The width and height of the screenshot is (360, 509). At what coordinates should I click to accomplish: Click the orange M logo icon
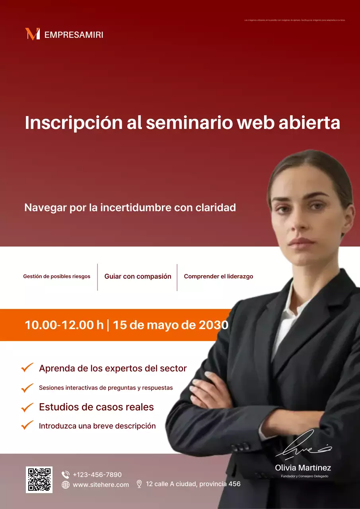coord(32,34)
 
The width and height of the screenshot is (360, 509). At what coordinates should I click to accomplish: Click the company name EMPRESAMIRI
coord(74,35)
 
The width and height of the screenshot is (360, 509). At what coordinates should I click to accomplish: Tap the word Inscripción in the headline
coord(74,123)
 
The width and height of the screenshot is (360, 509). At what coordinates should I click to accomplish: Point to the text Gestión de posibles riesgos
coord(56,276)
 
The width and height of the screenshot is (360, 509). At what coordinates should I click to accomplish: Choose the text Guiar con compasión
coord(138,276)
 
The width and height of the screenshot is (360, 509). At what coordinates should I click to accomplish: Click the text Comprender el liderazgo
coord(218,276)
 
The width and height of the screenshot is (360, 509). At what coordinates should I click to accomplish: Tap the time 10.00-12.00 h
coord(64,325)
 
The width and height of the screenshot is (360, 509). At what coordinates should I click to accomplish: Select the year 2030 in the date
coord(213,325)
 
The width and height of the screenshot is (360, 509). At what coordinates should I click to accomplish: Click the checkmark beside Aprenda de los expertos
coord(27,368)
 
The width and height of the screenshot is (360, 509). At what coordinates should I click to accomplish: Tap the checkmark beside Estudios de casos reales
coord(27,407)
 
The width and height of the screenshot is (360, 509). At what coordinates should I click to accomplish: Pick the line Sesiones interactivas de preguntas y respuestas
coord(106,388)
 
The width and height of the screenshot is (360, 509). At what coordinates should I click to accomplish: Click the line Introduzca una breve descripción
coord(97,426)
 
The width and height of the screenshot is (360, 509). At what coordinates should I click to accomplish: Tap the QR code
coord(39,480)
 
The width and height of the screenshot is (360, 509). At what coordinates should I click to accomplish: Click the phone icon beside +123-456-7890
coord(66,474)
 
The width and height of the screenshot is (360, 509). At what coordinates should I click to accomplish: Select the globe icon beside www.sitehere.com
coord(66,485)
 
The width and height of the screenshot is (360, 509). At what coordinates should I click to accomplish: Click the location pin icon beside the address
coord(139,484)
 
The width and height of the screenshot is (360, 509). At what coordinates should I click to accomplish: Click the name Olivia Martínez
coord(303,468)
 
